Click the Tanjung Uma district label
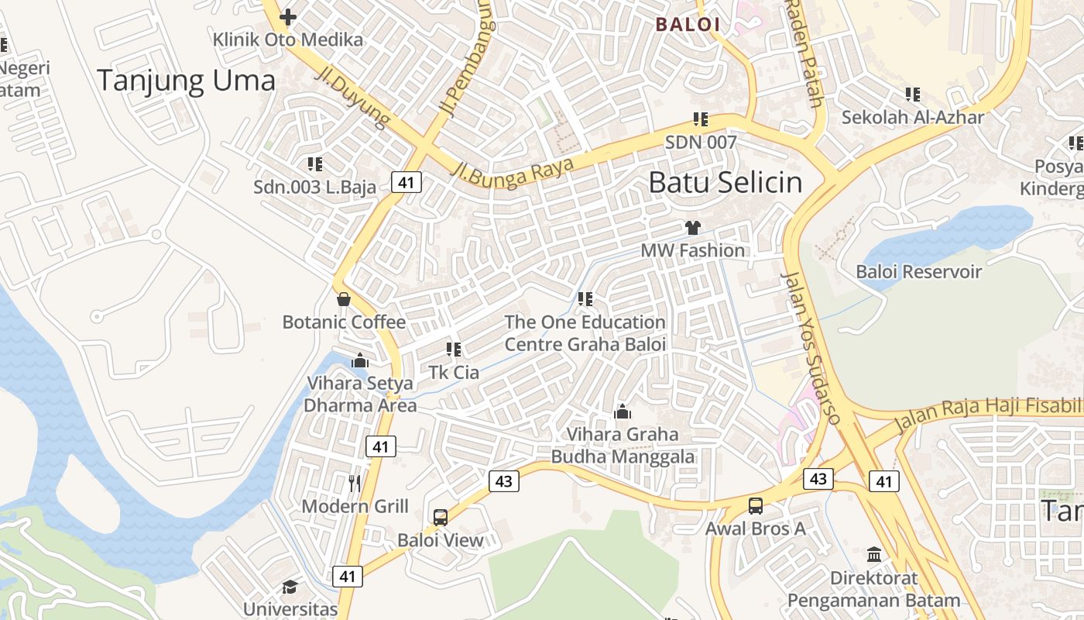[x=186, y=81]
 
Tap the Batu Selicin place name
[x=725, y=182]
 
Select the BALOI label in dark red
[x=688, y=24]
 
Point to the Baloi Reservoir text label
[x=918, y=271]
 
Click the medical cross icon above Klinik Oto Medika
[x=288, y=16]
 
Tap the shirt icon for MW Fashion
[x=692, y=227]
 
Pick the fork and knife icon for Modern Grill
[x=355, y=483]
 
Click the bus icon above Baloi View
[x=440, y=517]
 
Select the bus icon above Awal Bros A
[x=755, y=506]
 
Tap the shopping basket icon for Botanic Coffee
[x=344, y=298]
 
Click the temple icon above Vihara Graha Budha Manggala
[x=623, y=412]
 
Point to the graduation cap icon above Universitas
[x=290, y=587]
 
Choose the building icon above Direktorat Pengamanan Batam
[x=874, y=554]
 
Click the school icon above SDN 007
[x=701, y=119]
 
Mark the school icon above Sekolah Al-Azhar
[x=913, y=95]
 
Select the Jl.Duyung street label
[x=353, y=96]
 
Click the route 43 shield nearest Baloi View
[x=503, y=481]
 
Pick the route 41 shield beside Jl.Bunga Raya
[x=406, y=182]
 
